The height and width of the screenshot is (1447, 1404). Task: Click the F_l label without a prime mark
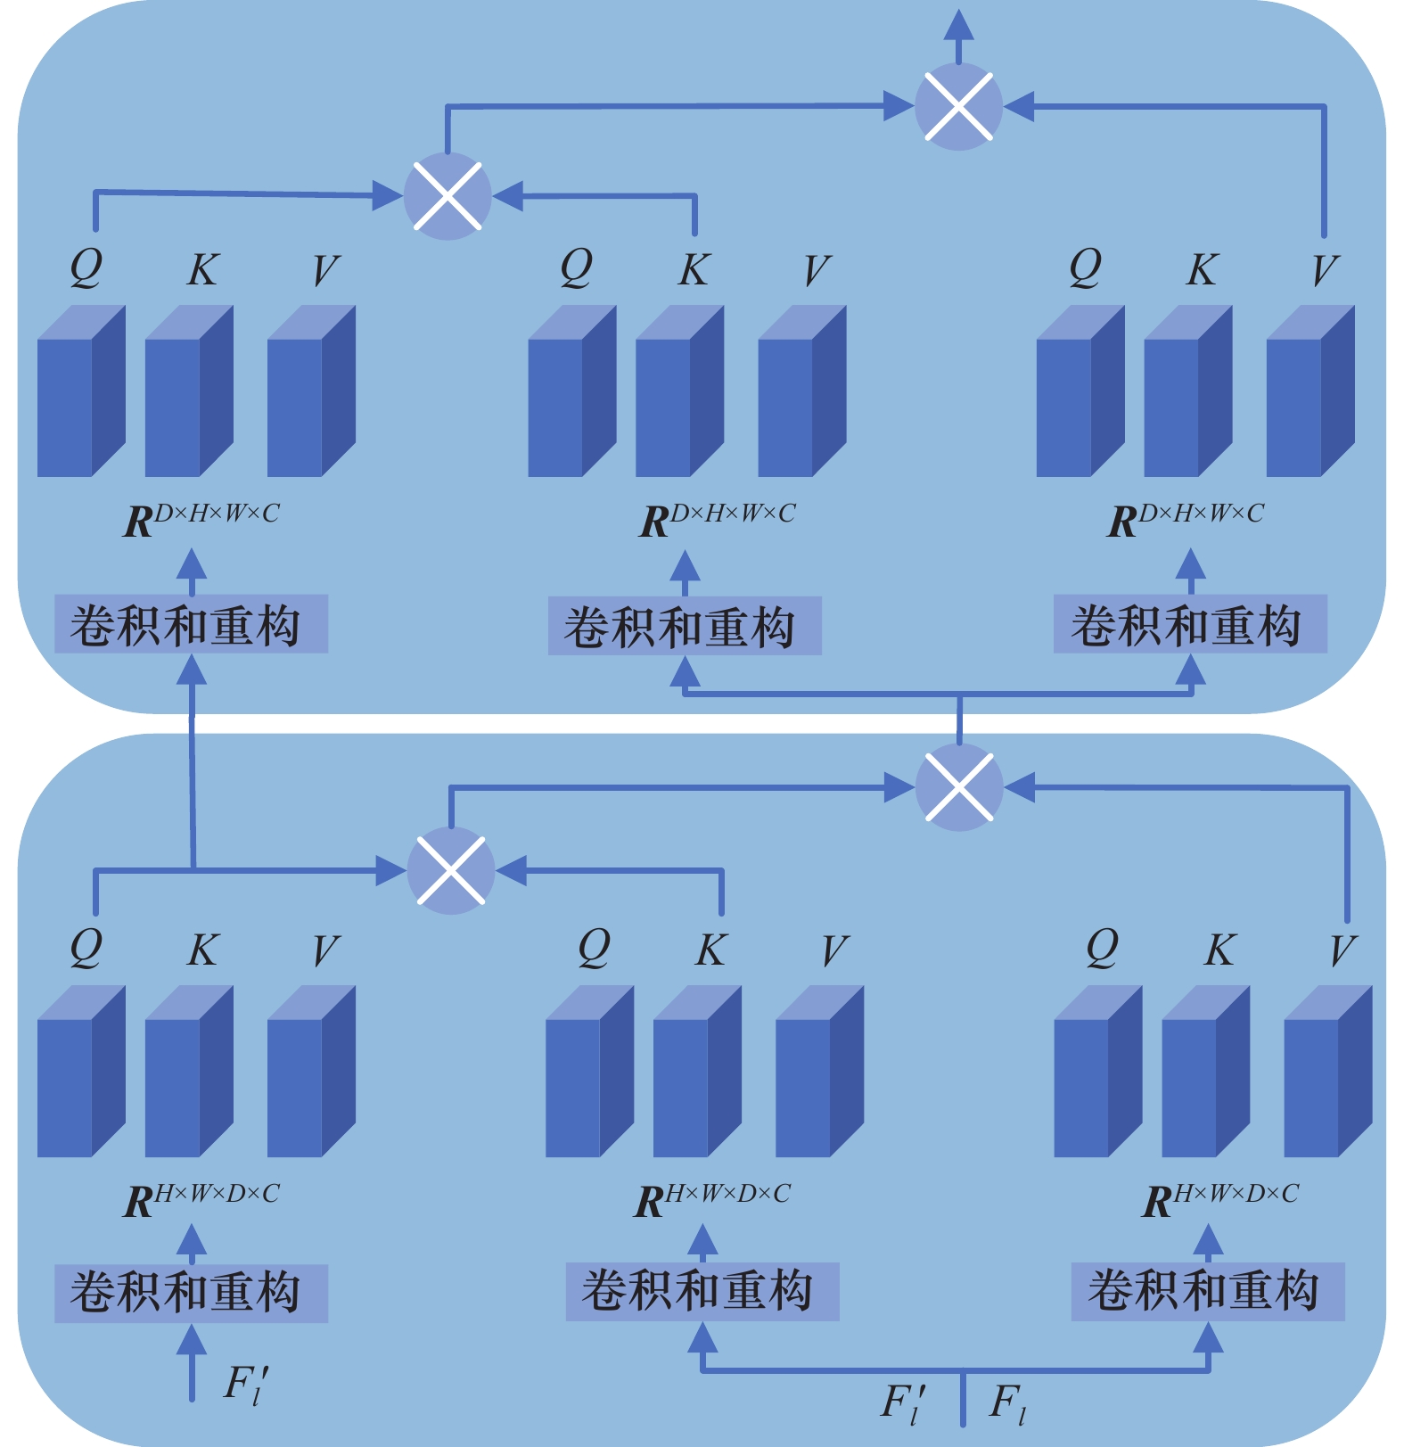tap(1008, 1402)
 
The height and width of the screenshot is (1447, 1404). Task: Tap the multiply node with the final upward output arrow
tap(959, 106)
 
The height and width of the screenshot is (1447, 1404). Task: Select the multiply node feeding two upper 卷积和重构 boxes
tap(959, 787)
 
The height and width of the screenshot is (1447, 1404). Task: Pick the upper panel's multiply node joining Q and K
tap(447, 196)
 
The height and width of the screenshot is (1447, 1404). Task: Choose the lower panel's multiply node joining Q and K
tap(451, 871)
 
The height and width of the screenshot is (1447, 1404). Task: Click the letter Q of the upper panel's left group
tap(86, 267)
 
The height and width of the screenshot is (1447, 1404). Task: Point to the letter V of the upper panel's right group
tap(1325, 270)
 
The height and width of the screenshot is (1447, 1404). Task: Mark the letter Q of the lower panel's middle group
tap(595, 947)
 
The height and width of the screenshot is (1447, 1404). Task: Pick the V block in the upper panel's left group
tap(311, 392)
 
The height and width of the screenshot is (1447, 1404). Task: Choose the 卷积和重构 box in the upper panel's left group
tap(191, 624)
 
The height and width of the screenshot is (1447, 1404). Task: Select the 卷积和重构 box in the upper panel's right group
tap(1190, 624)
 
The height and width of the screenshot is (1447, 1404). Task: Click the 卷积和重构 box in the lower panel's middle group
tap(702, 1291)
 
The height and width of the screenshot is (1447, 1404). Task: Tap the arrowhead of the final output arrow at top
tap(958, 24)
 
